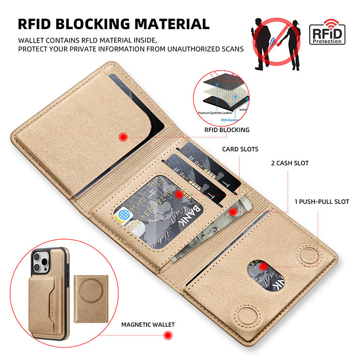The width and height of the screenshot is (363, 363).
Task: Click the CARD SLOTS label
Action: point(240,149)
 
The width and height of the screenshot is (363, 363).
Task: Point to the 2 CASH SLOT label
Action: point(289,163)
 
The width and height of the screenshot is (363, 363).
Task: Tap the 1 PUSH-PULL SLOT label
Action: point(321,201)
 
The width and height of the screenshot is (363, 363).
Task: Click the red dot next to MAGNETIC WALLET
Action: point(168,335)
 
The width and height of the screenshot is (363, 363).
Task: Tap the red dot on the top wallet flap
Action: point(123,137)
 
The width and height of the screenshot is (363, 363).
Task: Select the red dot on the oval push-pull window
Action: point(262,266)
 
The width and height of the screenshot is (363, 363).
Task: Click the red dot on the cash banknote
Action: point(233,211)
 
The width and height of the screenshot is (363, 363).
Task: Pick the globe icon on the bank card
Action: point(123,214)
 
